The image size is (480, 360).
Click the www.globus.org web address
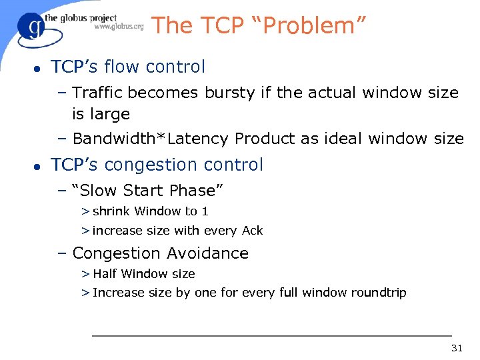point(119,27)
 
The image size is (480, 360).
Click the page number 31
point(457,348)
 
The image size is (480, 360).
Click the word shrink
point(111,211)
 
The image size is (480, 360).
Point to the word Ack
point(253,231)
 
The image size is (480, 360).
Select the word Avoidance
point(207,253)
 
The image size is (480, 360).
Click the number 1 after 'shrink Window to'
point(205,211)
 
